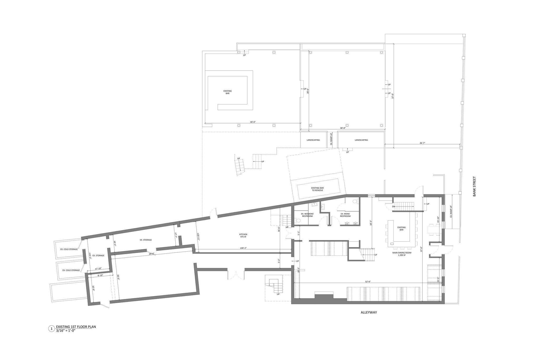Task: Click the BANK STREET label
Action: click(x=475, y=186)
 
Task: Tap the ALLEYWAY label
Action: click(x=369, y=313)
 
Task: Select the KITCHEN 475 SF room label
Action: click(x=243, y=236)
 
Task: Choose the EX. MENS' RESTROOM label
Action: click(x=345, y=215)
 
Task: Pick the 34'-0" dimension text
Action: click(x=253, y=122)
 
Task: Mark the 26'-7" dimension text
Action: click(x=422, y=143)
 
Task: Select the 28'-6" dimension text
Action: click(x=307, y=91)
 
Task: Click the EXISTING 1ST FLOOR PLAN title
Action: click(x=76, y=327)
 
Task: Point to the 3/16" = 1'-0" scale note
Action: click(x=66, y=330)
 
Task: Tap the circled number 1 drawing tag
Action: click(x=51, y=329)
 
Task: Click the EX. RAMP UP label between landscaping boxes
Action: click(x=331, y=140)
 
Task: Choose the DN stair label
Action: click(x=393, y=207)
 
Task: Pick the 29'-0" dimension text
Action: click(x=151, y=254)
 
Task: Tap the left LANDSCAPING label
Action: click(x=313, y=140)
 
